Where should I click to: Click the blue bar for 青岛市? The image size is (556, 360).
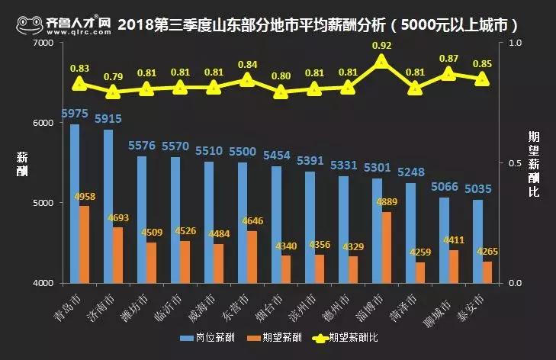[x=75, y=204]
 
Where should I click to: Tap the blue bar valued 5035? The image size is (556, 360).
[x=477, y=241]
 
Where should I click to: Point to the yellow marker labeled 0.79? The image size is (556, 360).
[x=113, y=93]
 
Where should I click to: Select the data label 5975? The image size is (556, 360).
[x=75, y=114]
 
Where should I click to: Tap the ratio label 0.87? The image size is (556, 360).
[x=448, y=59]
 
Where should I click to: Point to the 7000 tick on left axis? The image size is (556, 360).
[x=42, y=43]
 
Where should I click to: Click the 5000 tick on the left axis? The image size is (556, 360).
[x=42, y=203]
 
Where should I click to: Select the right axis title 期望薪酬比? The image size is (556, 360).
[x=533, y=163]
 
